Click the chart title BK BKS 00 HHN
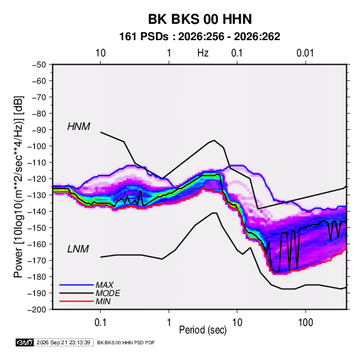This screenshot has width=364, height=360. pos(200,19)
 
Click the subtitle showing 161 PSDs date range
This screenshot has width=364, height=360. pos(199,37)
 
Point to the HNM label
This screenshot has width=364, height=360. pos(79,127)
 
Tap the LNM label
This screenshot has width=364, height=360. pos(78,249)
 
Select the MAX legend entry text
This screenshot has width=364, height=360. pos(105,284)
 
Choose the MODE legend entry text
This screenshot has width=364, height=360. pos(107,293)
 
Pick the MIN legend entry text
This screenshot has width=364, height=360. pos(103,301)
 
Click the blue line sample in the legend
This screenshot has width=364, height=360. pos(76,284)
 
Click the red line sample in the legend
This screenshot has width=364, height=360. pos(76,301)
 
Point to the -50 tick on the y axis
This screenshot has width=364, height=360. pos(39,65)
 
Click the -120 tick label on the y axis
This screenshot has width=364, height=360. pos(37,179)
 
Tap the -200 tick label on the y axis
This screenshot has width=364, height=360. pos(37,310)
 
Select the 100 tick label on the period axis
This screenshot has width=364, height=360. pos(305,322)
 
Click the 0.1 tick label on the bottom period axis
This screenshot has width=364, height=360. pos(100,322)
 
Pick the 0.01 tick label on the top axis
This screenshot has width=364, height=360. pos(305,53)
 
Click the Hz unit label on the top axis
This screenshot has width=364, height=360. pos(203,53)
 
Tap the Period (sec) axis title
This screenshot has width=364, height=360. pos(203,330)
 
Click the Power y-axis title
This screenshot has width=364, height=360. pos(18,186)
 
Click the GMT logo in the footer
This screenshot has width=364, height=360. pos(25,342)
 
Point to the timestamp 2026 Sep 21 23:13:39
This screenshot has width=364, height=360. pos(63,342)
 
